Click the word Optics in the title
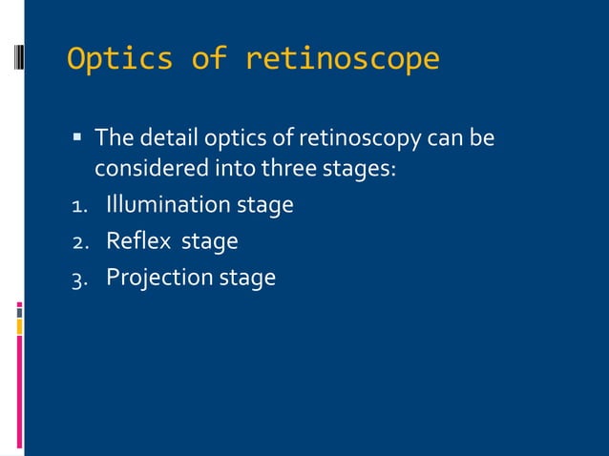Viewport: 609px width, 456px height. pos(120,60)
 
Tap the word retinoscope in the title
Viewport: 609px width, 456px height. pos(342,60)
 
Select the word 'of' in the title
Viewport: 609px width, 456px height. pos(209,60)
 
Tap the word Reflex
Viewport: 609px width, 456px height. pos(134,241)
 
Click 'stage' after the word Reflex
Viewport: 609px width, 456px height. pos(209,242)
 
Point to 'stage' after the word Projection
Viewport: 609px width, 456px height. pos(247,279)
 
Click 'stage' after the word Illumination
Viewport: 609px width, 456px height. pos(264,206)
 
